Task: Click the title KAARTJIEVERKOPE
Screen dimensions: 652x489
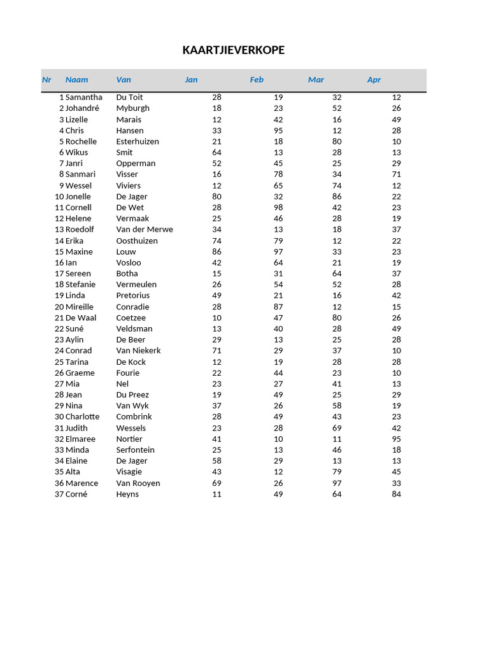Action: pyautogui.click(x=233, y=50)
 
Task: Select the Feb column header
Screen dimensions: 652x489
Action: pyautogui.click(x=257, y=80)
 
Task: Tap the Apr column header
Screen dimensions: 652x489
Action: pyautogui.click(x=374, y=80)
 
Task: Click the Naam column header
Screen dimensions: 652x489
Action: pyautogui.click(x=76, y=80)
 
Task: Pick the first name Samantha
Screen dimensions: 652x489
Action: pyautogui.click(x=83, y=97)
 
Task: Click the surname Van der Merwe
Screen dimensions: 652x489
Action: pyautogui.click(x=145, y=229)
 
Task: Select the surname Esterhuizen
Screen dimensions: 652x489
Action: pyautogui.click(x=138, y=141)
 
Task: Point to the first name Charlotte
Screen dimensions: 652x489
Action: pyautogui.click(x=82, y=416)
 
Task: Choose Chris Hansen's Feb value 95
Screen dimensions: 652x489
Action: pyautogui.click(x=278, y=131)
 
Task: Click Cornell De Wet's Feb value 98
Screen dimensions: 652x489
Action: pyautogui.click(x=278, y=208)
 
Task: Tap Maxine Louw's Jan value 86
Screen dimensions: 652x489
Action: pyautogui.click(x=216, y=252)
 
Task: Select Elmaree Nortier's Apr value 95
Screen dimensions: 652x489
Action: pyautogui.click(x=397, y=439)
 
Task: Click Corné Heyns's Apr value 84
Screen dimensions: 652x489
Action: pyautogui.click(x=397, y=494)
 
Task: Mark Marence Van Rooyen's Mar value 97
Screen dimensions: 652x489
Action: pyautogui.click(x=337, y=483)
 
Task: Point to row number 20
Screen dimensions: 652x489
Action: pyautogui.click(x=59, y=307)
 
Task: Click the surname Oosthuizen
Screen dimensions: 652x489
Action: pyautogui.click(x=137, y=241)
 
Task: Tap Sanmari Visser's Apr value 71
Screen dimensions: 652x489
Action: pyautogui.click(x=397, y=174)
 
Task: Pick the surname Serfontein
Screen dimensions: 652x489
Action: pyautogui.click(x=135, y=450)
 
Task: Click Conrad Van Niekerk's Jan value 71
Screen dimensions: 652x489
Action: pyautogui.click(x=216, y=351)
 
